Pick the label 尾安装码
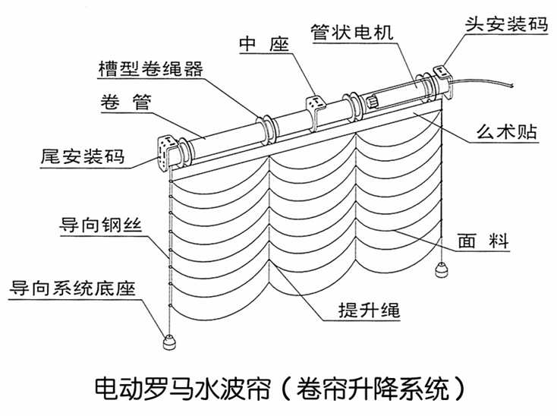point(83,158)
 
